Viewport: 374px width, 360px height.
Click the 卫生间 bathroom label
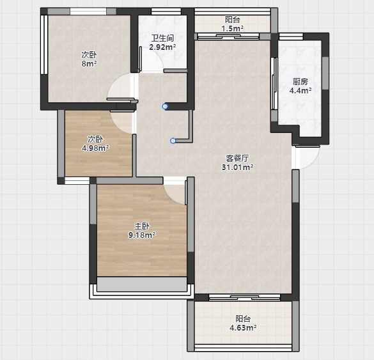click(x=162, y=38)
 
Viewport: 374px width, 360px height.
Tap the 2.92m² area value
click(x=162, y=47)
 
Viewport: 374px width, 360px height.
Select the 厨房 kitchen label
click(x=300, y=82)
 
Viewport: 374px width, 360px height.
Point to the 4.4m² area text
click(x=300, y=91)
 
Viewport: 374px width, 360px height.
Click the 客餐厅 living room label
click(x=237, y=158)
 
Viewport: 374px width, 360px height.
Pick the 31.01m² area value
click(x=238, y=168)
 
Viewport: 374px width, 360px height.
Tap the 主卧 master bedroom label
click(x=142, y=226)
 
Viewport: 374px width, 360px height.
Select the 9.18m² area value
click(x=142, y=235)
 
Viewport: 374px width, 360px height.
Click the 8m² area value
click(x=90, y=64)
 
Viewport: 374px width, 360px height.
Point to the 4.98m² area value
click(x=95, y=148)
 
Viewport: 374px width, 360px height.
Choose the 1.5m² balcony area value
click(x=233, y=29)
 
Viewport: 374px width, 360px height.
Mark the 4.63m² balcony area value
click(x=243, y=328)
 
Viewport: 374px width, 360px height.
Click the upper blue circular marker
click(x=165, y=106)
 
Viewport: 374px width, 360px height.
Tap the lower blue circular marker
click(x=173, y=141)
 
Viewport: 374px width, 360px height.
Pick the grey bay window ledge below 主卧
click(x=142, y=284)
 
